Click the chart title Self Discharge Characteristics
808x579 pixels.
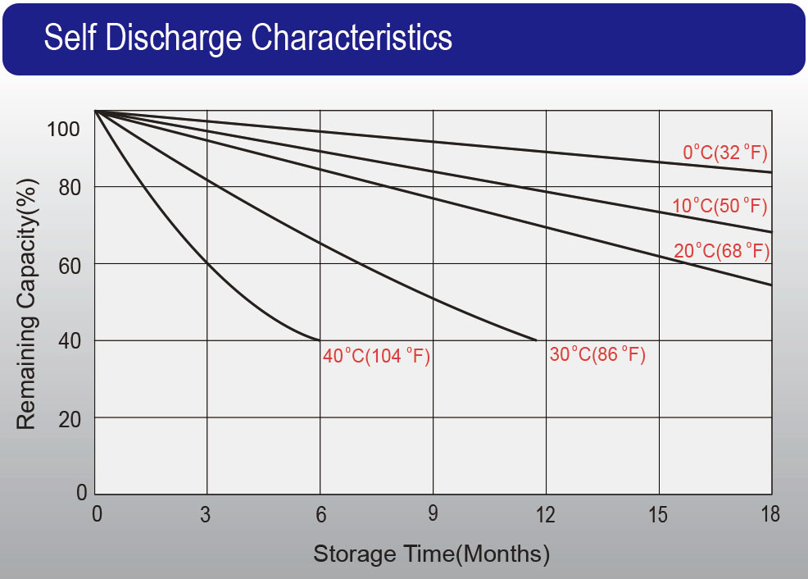tap(247, 38)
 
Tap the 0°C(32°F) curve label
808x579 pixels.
tap(725, 153)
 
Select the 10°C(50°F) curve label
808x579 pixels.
tap(719, 206)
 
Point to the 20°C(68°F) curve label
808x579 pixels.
tap(721, 251)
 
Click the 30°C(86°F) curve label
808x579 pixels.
tap(597, 354)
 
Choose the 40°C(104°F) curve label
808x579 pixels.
tap(376, 356)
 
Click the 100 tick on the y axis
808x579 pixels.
tap(63, 129)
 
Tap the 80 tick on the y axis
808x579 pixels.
tap(70, 188)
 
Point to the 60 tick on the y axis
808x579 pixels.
tap(70, 266)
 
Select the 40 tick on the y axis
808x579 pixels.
tap(70, 341)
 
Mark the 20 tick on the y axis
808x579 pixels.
tap(70, 420)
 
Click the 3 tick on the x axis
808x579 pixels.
tap(206, 514)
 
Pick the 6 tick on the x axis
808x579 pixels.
tap(321, 514)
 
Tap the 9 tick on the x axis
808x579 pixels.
tap(433, 513)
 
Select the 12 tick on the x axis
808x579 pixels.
tap(545, 514)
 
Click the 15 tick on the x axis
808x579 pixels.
tap(658, 514)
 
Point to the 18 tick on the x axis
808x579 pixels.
tap(770, 514)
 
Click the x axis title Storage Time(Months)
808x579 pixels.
tap(431, 554)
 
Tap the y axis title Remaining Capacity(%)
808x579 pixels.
tap(26, 304)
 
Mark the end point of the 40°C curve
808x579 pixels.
tap(320, 340)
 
